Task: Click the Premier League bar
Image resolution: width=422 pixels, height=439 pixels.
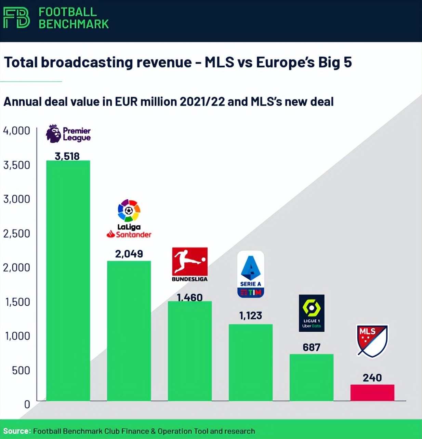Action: point(68,280)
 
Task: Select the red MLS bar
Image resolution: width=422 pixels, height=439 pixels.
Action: point(372,393)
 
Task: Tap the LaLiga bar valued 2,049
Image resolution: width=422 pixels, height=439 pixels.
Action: point(129,331)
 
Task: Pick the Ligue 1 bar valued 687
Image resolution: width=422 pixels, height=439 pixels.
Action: point(311,377)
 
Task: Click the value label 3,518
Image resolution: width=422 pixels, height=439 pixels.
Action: point(67,156)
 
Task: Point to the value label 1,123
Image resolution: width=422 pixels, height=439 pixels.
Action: point(251,315)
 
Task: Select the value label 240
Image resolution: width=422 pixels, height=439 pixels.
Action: point(372,377)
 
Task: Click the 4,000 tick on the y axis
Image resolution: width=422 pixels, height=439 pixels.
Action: point(17,131)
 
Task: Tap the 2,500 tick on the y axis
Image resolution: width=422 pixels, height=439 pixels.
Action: point(17,234)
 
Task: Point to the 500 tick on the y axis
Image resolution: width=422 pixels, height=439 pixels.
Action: point(21,370)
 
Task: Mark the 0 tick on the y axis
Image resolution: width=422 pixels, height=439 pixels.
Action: point(27,404)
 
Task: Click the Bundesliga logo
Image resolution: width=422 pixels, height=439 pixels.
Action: point(190,264)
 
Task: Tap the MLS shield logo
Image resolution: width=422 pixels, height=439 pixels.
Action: point(372,341)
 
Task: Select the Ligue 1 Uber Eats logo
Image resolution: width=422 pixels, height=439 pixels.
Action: point(312,313)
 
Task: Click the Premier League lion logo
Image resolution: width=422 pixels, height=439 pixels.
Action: point(53,134)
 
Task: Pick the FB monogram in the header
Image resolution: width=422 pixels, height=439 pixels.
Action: point(16,18)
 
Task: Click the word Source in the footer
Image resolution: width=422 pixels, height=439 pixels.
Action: point(16,431)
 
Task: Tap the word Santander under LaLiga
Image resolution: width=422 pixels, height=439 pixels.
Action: point(133,235)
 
